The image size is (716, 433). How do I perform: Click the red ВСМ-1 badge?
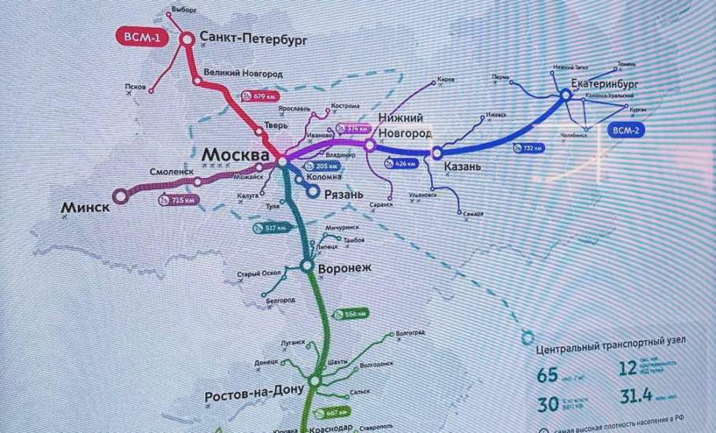(x=142, y=37)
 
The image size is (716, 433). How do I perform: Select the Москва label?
(x=235, y=154)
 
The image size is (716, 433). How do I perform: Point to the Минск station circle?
(x=120, y=194)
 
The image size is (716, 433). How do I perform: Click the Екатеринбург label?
(x=606, y=82)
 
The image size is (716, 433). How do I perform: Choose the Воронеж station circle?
(x=306, y=268)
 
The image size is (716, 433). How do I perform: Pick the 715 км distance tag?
(x=177, y=200)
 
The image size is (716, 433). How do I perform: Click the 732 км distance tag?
(x=529, y=148)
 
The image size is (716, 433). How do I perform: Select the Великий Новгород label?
(x=243, y=73)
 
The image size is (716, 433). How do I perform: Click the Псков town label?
(x=135, y=87)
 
